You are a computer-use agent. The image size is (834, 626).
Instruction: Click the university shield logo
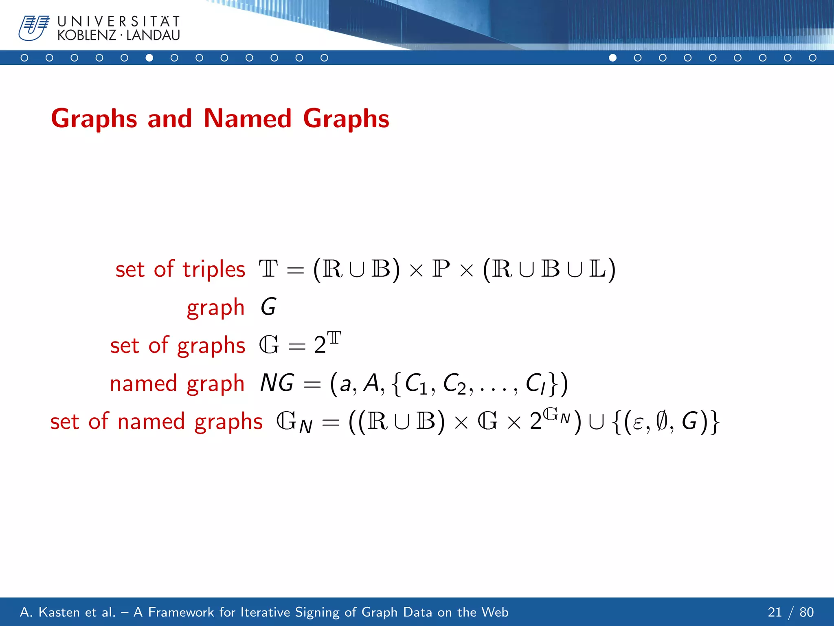point(34,28)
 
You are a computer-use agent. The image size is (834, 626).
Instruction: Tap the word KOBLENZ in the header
point(87,35)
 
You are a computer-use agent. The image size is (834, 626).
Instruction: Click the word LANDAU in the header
point(153,35)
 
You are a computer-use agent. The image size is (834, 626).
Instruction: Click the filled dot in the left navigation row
point(149,58)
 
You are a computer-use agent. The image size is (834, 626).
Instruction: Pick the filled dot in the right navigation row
point(612,58)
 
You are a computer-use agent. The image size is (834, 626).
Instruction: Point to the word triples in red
point(213,270)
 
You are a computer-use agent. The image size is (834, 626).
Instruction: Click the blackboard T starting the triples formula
point(268,269)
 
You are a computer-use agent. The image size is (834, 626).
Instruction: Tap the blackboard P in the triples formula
point(441,269)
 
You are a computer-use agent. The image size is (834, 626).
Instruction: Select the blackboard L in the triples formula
point(597,269)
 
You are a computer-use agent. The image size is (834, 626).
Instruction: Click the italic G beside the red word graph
point(268,307)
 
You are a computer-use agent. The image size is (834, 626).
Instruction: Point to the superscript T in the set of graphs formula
point(334,338)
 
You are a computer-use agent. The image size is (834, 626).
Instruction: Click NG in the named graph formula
point(277,383)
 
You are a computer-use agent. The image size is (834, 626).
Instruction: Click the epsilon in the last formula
point(638,423)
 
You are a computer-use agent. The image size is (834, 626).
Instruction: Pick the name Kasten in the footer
point(60,612)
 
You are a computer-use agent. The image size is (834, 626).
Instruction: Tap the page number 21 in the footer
point(775,612)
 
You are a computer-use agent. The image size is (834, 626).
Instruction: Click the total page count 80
point(806,612)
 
